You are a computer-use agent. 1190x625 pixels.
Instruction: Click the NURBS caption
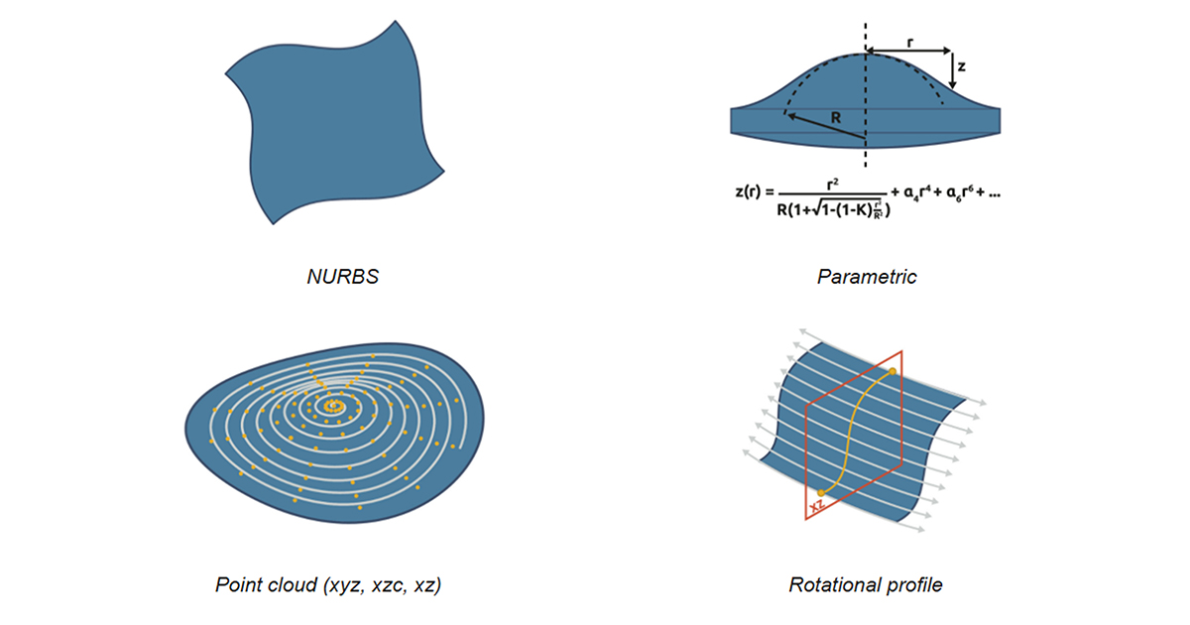343,277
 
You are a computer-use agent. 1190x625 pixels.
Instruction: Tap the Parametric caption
867,277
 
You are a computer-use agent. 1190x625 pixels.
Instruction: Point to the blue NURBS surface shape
334,122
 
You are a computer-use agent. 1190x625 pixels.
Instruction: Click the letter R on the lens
836,117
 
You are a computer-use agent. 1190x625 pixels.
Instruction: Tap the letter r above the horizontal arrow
910,43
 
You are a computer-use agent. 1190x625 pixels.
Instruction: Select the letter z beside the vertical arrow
961,66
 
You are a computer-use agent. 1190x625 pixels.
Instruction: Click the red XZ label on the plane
816,504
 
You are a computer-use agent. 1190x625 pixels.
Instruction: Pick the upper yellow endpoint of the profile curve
892,371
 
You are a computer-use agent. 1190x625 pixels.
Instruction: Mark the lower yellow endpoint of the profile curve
821,493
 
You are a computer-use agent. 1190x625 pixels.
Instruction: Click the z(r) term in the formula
748,191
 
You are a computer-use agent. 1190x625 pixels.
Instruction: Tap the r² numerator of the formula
832,185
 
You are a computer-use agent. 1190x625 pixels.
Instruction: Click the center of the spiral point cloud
333,407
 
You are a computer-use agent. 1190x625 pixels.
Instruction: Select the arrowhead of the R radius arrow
791,116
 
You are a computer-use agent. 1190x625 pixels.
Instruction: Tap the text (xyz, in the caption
345,585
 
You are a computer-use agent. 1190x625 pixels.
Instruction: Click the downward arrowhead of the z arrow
952,84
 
